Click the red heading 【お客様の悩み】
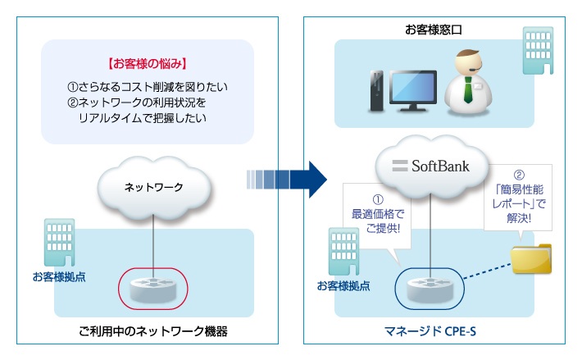tap(148, 64)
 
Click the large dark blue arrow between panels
tap(287, 180)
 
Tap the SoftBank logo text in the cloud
tap(431, 166)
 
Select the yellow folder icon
tap(531, 258)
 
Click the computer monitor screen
tap(413, 87)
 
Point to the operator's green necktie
tap(468, 90)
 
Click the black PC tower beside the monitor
tap(377, 91)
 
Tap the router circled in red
tap(153, 289)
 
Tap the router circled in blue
tap(430, 289)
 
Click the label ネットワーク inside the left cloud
tap(153, 188)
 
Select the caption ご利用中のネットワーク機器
tap(153, 331)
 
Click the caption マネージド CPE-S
tap(430, 331)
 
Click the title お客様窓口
tap(433, 30)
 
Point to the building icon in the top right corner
tap(538, 51)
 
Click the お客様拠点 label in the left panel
tap(59, 277)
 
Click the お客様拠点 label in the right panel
tap(343, 286)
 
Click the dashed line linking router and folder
tap(488, 271)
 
